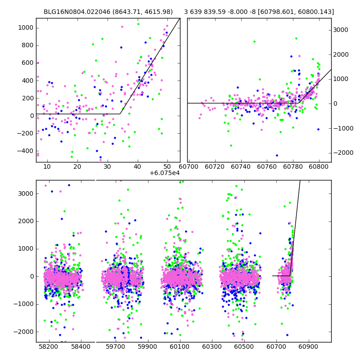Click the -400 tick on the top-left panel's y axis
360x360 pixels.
point(26,151)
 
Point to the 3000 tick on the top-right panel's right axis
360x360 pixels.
point(341,30)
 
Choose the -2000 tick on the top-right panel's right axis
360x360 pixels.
point(342,153)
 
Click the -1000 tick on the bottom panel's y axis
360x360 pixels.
point(26,304)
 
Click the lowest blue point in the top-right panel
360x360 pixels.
point(277,155)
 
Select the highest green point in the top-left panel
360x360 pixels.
point(138,24)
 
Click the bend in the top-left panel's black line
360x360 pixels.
point(120,114)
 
